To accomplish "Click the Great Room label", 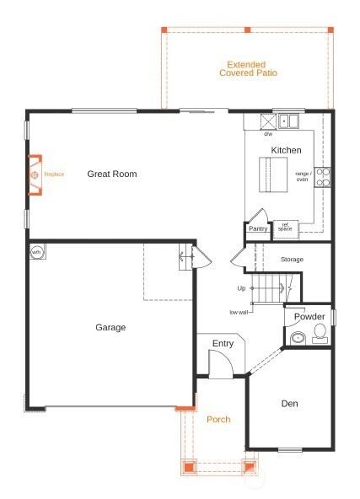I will point(111,174).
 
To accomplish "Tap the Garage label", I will point(110,327).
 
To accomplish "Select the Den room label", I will point(289,404).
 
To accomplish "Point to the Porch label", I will point(218,419).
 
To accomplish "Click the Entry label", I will point(223,343).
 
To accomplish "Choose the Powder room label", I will point(309,317).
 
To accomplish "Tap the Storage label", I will point(292,259).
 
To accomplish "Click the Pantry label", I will point(258,228).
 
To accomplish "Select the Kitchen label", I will point(286,150).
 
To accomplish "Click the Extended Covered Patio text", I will point(248,68).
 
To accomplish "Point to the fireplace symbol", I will point(35,175).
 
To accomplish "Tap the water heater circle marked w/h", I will point(37,252).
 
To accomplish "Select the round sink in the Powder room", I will point(297,339).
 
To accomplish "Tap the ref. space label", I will point(285,226).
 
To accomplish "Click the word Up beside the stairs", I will point(241,288).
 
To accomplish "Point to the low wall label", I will point(239,312).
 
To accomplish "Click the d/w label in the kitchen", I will point(268,134).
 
